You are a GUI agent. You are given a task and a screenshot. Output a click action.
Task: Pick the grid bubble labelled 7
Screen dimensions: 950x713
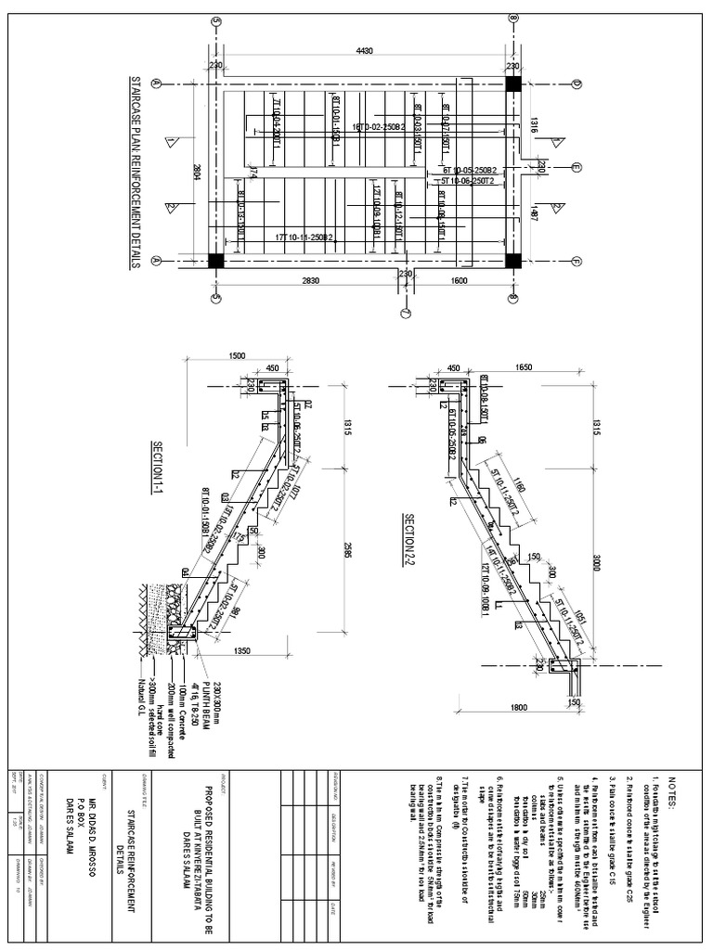(x=406, y=312)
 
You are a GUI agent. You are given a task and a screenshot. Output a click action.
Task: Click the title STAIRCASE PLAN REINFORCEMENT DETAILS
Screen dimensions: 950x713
(x=135, y=173)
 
